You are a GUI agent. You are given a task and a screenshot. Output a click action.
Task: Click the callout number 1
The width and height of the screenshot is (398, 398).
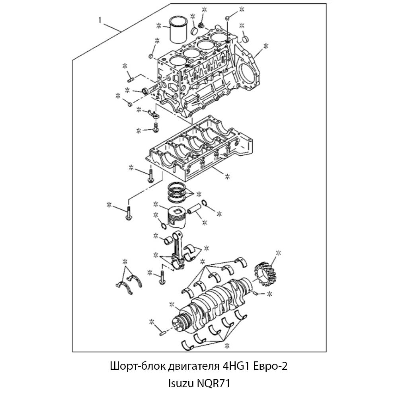100,20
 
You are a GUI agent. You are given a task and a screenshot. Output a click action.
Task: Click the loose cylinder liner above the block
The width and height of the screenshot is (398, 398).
178,30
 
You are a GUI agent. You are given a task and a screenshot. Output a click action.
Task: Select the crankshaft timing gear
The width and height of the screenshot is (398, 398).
265,275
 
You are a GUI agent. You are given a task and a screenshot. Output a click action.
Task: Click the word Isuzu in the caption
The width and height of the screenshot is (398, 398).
181,383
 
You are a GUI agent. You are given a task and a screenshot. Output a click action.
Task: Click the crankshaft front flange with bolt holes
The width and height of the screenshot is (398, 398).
177,323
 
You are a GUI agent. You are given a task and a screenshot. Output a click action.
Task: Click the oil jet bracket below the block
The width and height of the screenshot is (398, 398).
154,114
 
